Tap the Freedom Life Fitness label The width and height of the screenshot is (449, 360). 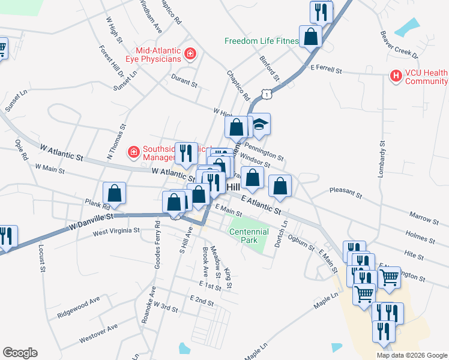point(261,41)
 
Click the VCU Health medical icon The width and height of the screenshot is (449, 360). point(396,76)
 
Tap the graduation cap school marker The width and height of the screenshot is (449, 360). point(259,125)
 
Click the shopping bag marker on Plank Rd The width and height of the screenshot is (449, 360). point(114,193)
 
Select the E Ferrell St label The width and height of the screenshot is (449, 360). point(326,71)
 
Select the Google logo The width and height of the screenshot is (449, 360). point(20,353)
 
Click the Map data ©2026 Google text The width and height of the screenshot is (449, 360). point(411,355)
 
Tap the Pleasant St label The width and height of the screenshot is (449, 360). point(346,193)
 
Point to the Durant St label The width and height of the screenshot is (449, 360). point(184,82)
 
